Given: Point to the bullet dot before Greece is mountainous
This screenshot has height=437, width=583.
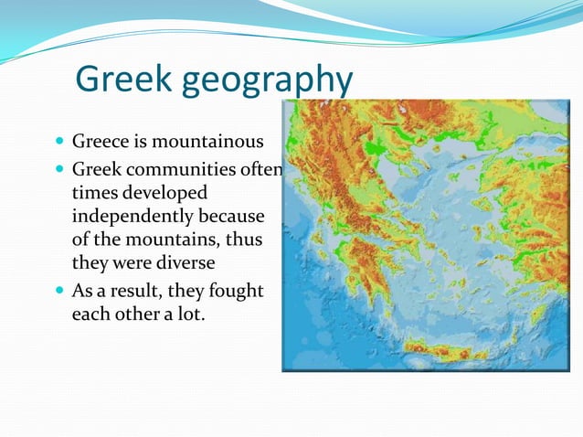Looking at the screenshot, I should tap(59, 143).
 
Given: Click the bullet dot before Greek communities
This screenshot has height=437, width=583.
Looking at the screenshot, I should tap(59, 170).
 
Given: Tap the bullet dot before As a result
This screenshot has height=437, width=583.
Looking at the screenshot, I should tap(59, 292).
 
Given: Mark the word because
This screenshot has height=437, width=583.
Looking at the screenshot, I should tap(236, 218).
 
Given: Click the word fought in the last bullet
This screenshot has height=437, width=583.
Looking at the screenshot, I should tap(237, 291).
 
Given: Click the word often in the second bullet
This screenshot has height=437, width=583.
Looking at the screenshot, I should tap(264, 170).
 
